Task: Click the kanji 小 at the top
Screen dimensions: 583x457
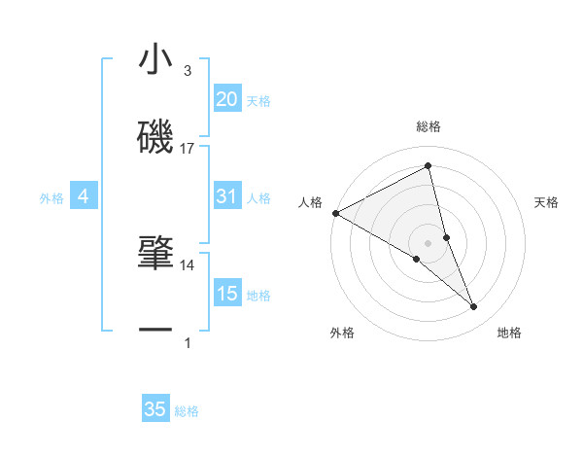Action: click(155, 61)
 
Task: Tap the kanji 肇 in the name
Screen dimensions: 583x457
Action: click(155, 253)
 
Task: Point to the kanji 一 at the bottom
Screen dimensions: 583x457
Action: click(155, 331)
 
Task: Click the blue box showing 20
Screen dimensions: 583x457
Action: click(226, 99)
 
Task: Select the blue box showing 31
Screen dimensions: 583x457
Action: click(226, 197)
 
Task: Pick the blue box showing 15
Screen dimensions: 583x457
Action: click(226, 294)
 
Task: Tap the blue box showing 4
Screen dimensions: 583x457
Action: click(83, 197)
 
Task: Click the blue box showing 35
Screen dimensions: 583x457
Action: click(155, 409)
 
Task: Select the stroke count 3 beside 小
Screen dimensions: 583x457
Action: click(188, 71)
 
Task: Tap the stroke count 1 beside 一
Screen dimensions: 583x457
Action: click(188, 343)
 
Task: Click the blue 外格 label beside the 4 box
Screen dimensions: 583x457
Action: click(51, 198)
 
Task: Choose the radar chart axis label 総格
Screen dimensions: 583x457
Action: click(429, 126)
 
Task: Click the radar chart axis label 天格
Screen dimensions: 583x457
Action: click(547, 202)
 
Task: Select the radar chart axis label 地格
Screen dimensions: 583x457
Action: click(509, 333)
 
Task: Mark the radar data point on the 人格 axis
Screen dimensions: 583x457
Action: click(335, 213)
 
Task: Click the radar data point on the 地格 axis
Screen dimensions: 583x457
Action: click(474, 307)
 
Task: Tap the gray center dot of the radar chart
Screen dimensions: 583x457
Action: click(429, 242)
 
